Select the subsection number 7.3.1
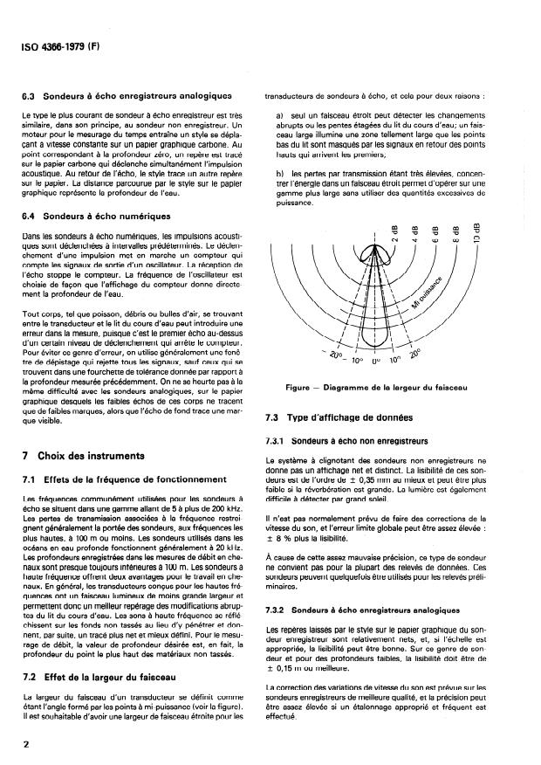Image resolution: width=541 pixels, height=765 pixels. tap(278, 440)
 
